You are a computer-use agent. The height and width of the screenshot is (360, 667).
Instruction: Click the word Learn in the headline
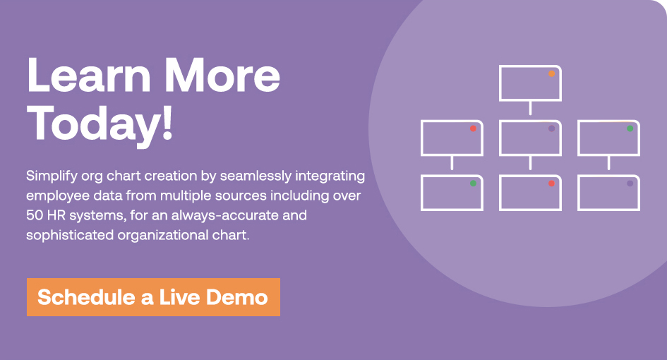[x=89, y=76]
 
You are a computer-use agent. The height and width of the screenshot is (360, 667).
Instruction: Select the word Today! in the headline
[x=100, y=124]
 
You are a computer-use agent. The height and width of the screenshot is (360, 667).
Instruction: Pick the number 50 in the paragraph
[x=35, y=215]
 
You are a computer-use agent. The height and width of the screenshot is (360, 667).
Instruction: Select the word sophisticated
[x=69, y=235]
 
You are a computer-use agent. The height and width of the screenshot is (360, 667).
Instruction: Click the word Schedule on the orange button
[x=86, y=297]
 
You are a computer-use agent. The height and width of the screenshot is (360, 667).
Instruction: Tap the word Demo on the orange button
[x=237, y=297]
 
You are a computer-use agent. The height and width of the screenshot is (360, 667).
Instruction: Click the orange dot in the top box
[x=551, y=73]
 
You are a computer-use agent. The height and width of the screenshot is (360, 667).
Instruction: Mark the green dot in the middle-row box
[x=630, y=128]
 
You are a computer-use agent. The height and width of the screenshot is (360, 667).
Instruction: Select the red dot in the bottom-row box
[x=551, y=184]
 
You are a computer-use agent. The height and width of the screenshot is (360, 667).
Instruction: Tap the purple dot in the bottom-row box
[x=630, y=184]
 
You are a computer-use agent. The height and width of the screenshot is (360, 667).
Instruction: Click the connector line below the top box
[x=530, y=108]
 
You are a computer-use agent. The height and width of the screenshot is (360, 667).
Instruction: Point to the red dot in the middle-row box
[x=473, y=128]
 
